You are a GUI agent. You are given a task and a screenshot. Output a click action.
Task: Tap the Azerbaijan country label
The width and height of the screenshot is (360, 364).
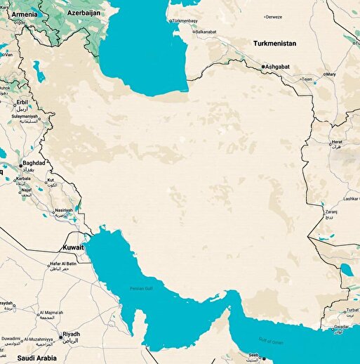pos(87,12)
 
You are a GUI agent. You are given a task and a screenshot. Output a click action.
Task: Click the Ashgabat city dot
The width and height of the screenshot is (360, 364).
pos(263,67)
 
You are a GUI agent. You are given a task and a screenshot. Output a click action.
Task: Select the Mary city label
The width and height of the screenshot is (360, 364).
pos(331,74)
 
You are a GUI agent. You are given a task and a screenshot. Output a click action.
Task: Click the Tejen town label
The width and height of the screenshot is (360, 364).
pos(307,79)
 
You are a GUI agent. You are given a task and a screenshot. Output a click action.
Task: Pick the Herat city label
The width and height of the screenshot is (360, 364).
pos(338,142)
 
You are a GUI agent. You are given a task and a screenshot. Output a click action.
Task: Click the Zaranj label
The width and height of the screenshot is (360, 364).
pos(331,210)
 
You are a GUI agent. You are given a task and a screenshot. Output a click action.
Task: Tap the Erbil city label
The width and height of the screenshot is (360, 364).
pos(24,102)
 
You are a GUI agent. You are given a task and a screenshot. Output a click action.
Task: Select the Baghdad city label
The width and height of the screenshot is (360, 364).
pos(33,163)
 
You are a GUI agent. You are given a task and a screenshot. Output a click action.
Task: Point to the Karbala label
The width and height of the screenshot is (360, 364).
pos(22,178)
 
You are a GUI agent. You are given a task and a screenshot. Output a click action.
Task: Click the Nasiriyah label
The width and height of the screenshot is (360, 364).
pos(64,210)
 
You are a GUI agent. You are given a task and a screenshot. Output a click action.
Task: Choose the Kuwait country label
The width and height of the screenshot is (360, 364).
pos(73,247)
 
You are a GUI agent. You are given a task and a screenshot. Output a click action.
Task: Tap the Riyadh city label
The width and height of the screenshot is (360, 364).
pos(71,334)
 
